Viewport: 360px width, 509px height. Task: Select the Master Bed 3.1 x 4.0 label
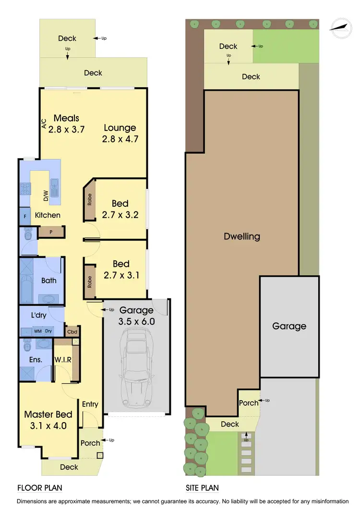point(48,420)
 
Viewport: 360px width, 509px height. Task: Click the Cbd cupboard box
point(72,331)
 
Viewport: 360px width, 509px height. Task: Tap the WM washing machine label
point(37,331)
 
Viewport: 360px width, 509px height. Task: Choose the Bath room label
point(48,281)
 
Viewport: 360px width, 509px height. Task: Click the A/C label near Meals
point(44,124)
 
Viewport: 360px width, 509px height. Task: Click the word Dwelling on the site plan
point(242,237)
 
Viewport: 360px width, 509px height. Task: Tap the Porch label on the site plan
point(249,403)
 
